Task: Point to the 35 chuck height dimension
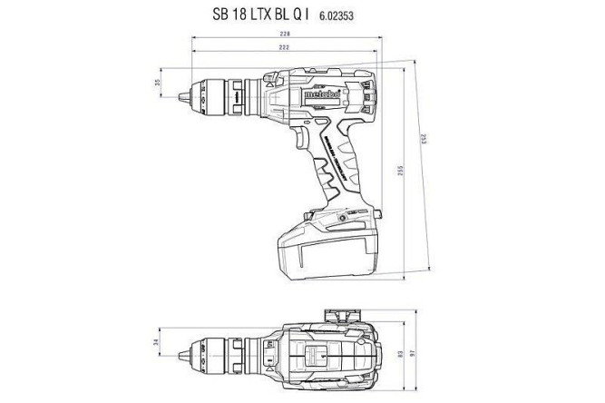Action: tap(156, 84)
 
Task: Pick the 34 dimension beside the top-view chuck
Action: tap(156, 343)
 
